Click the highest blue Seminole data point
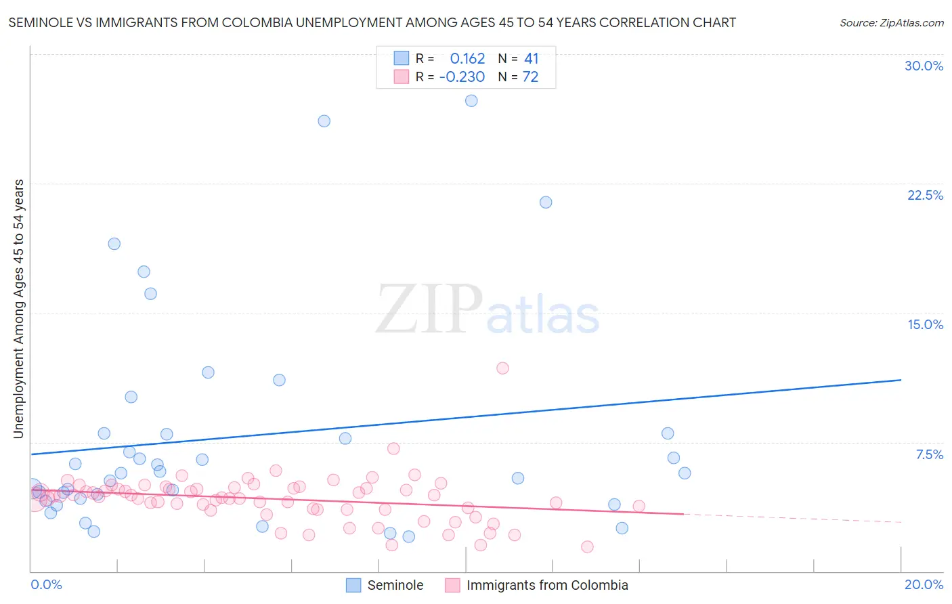[x=471, y=101]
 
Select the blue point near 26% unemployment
[x=324, y=121]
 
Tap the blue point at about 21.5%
[x=546, y=202]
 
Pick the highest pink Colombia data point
[x=502, y=368]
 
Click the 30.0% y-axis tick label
[x=924, y=66]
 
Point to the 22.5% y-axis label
[x=925, y=195]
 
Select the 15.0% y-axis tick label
[x=925, y=324]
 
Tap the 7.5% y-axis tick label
[x=929, y=454]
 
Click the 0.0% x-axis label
[x=46, y=584]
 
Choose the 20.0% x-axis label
[x=924, y=584]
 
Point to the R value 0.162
[x=467, y=59]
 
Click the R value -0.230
[x=462, y=77]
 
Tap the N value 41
[x=531, y=59]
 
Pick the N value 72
[x=530, y=77]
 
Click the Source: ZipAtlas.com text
[x=891, y=23]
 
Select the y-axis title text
[x=18, y=309]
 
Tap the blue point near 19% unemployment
[x=114, y=244]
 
